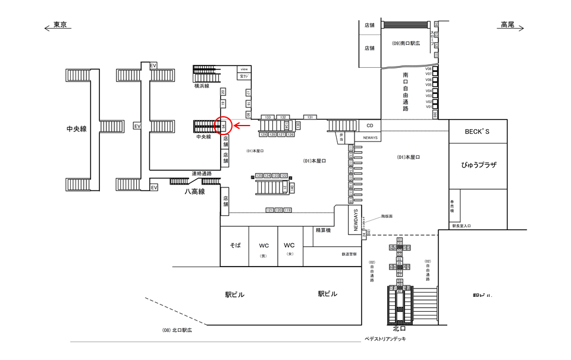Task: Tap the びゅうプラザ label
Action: (478, 165)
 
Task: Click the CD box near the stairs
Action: (369, 126)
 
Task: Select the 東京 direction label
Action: (59, 25)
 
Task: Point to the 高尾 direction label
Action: (507, 25)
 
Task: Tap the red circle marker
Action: (223, 126)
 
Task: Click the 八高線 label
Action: (194, 192)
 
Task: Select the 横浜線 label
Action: (202, 86)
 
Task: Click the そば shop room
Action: (234, 245)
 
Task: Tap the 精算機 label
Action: (323, 230)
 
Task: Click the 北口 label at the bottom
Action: (400, 328)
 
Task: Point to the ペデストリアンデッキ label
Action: (385, 339)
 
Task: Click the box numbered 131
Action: (310, 117)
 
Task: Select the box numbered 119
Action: (288, 210)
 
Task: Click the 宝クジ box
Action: (243, 76)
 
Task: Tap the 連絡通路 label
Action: (201, 173)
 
